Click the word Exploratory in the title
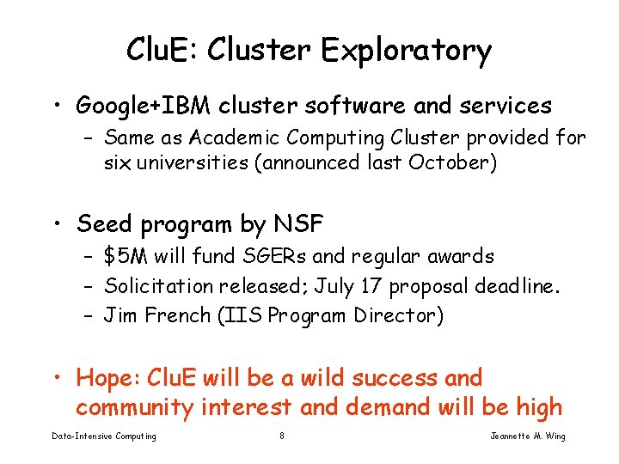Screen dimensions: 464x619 (x=407, y=52)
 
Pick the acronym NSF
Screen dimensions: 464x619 (x=298, y=224)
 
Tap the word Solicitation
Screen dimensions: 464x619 (x=160, y=286)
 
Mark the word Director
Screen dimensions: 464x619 (x=402, y=316)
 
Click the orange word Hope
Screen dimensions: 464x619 (x=107, y=377)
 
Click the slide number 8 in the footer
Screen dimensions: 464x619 (x=282, y=437)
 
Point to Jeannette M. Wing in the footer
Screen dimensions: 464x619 (x=528, y=437)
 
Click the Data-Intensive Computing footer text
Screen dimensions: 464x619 (x=104, y=437)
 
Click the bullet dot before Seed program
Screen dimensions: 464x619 (x=58, y=225)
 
